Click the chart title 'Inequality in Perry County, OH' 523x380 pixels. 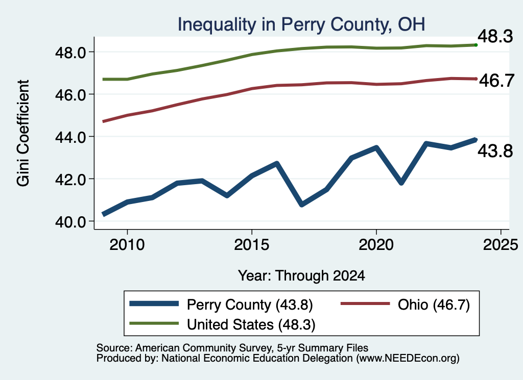[x=301, y=25]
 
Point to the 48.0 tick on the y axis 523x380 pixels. [x=70, y=53]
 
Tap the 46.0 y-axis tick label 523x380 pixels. [x=70, y=95]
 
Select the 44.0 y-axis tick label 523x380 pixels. [x=70, y=137]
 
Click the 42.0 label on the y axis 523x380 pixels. [x=70, y=180]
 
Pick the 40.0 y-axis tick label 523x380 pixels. [x=70, y=222]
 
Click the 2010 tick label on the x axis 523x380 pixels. [x=127, y=245]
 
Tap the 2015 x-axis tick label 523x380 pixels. [x=251, y=245]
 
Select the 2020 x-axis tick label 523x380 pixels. [x=376, y=245]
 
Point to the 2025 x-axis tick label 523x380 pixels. [x=501, y=245]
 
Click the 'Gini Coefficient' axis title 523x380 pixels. [x=23, y=133]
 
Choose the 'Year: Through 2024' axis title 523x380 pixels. [x=301, y=276]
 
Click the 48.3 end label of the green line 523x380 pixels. [x=495, y=36]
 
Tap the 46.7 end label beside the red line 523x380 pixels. [x=496, y=81]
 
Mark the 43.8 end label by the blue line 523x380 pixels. [x=495, y=151]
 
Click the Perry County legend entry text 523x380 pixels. [x=250, y=305]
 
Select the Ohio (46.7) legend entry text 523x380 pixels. [x=434, y=305]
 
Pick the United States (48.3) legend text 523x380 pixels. [x=251, y=325]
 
